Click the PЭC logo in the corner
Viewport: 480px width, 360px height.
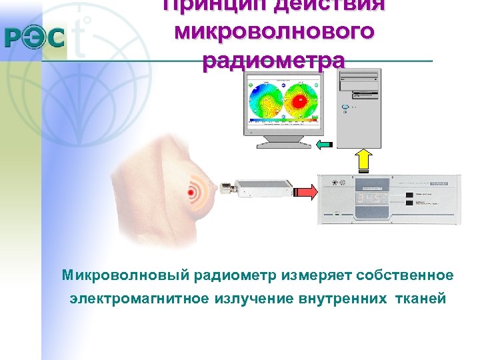point(35,37)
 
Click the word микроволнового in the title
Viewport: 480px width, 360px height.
point(274,31)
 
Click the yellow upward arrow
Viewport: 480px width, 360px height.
point(363,160)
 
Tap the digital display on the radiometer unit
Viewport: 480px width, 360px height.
point(368,199)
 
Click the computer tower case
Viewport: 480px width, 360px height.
point(358,107)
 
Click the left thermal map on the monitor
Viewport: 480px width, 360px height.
point(265,101)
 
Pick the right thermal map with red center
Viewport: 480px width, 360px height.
point(300,101)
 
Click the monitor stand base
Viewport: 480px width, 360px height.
point(283,142)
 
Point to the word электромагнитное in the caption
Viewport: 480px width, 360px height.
point(139,299)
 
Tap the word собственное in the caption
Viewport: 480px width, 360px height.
point(405,275)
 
